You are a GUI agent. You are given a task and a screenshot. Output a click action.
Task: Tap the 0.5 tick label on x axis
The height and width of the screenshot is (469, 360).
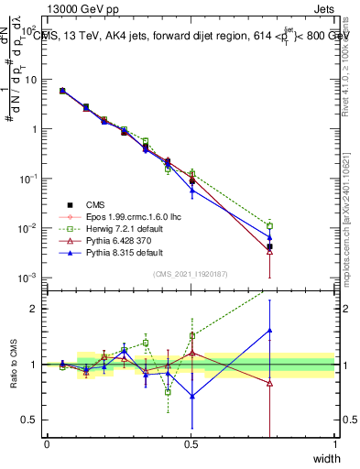[x=191, y=443]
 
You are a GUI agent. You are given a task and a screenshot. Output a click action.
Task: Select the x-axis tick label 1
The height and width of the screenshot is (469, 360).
[x=335, y=443]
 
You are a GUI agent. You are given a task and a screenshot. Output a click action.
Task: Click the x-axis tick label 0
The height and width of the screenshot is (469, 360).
[x=47, y=443]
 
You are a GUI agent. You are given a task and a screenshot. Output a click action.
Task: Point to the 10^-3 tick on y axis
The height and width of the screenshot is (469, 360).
[x=27, y=278]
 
